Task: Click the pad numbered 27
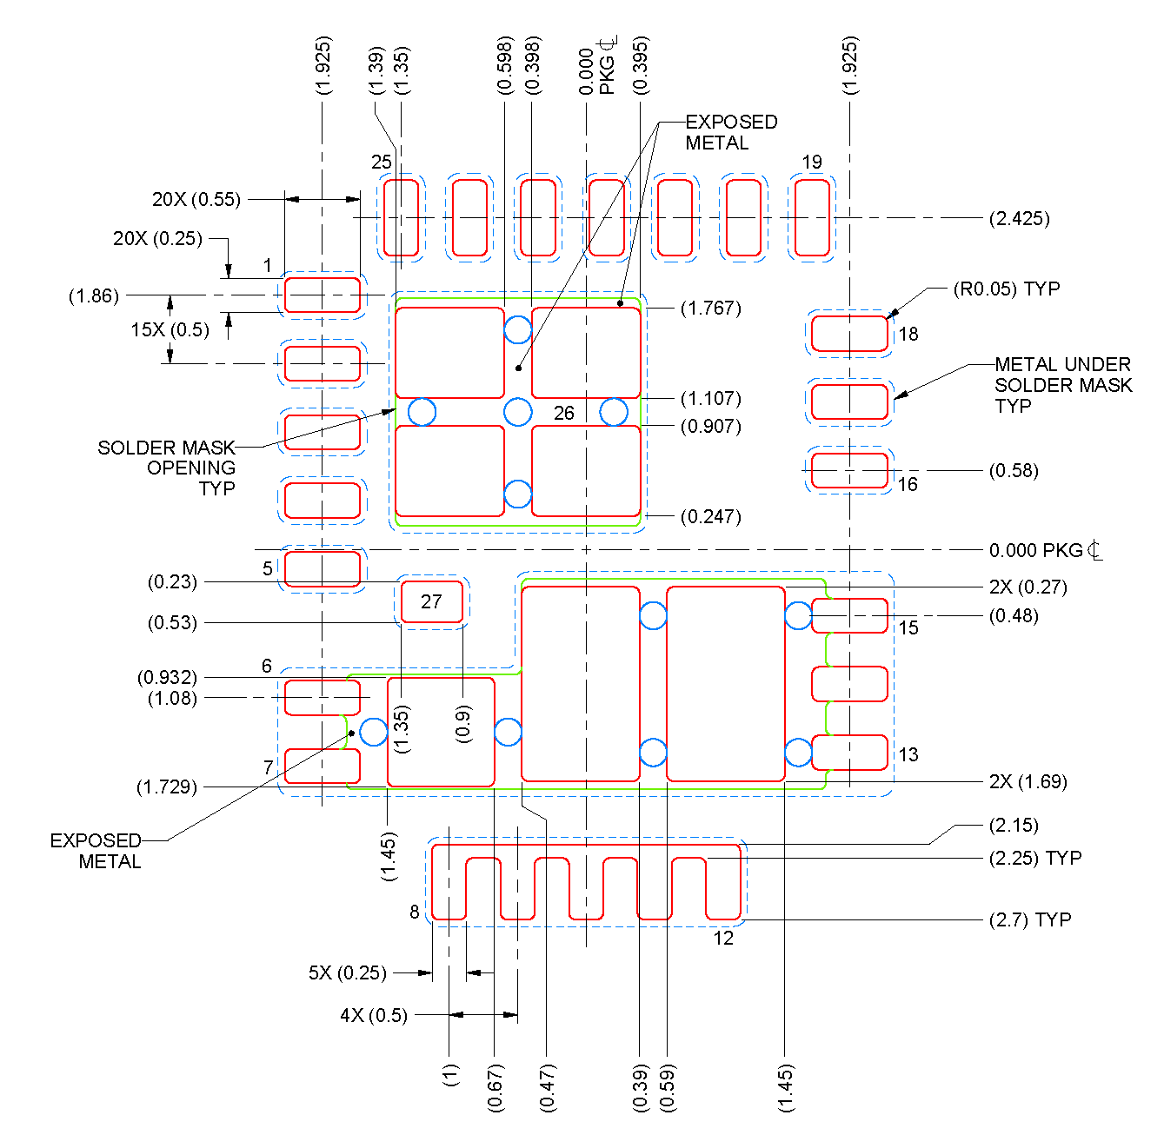[431, 601]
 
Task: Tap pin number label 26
[564, 414]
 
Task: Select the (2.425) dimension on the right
[1019, 219]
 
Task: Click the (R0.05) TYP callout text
[1006, 289]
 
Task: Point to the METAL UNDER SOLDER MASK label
[1062, 385]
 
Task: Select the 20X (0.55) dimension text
[196, 200]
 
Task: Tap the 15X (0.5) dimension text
[170, 330]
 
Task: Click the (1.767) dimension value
[710, 309]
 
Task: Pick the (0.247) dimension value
[710, 517]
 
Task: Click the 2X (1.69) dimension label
[1028, 781]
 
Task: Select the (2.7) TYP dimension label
[1029, 919]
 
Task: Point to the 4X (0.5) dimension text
[374, 1015]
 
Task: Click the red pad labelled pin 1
[323, 295]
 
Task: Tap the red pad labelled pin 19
[812, 218]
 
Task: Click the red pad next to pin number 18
[849, 334]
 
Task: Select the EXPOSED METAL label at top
[730, 132]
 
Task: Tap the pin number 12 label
[723, 939]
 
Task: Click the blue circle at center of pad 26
[518, 412]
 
